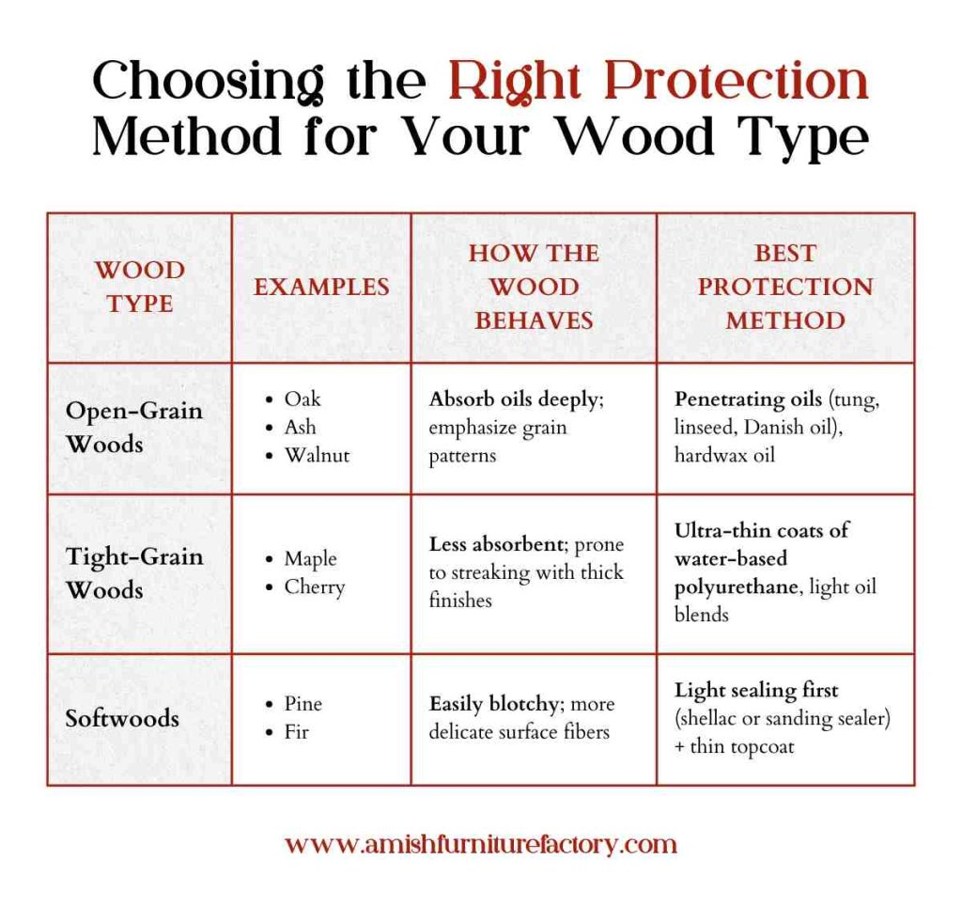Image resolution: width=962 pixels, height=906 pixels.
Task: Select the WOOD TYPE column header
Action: point(139,287)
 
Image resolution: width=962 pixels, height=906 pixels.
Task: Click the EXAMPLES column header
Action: point(321,287)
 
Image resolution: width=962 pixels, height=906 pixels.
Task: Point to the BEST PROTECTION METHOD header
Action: point(784,287)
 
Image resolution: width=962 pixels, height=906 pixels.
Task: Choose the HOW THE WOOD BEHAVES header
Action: point(533,287)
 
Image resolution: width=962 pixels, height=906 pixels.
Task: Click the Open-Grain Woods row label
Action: point(133,428)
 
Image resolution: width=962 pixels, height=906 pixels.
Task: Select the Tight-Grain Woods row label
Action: point(133,573)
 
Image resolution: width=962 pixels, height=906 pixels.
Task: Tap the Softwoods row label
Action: point(122,719)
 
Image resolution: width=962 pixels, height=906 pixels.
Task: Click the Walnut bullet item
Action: point(317,455)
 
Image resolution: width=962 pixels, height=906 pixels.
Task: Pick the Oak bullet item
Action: point(303,398)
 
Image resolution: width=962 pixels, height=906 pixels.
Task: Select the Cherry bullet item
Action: point(315,587)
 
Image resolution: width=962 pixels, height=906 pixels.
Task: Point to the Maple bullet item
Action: point(310,559)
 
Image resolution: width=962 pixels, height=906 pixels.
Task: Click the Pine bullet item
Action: point(303,704)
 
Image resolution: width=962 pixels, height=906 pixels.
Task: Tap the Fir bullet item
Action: point(296,731)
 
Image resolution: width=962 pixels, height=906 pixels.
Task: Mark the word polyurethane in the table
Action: point(733,586)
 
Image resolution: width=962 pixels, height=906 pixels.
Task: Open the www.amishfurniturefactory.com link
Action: point(480,844)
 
